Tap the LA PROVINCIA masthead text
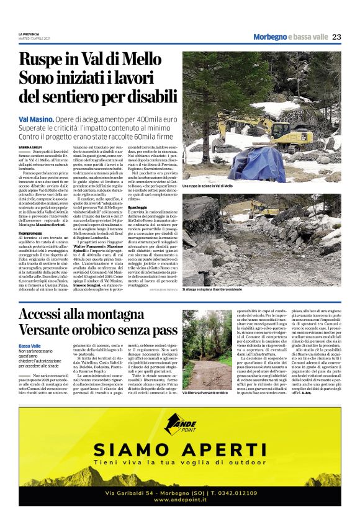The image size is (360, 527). [29, 34]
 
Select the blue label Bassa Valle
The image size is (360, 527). [30, 345]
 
